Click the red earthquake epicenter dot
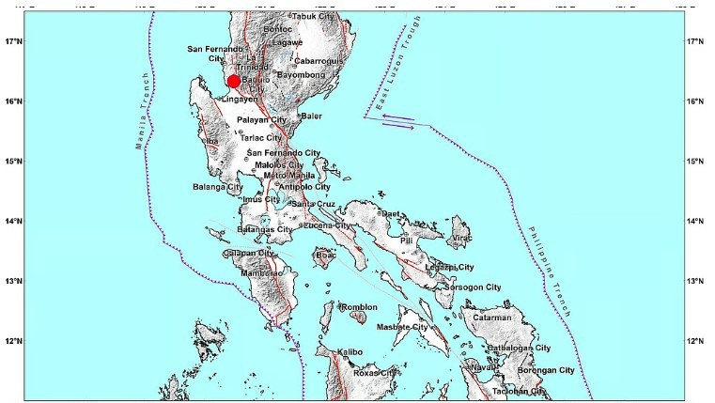[235, 82]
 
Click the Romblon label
[359, 307]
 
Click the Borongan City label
[546, 371]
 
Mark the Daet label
[390, 214]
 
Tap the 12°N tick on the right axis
[696, 341]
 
